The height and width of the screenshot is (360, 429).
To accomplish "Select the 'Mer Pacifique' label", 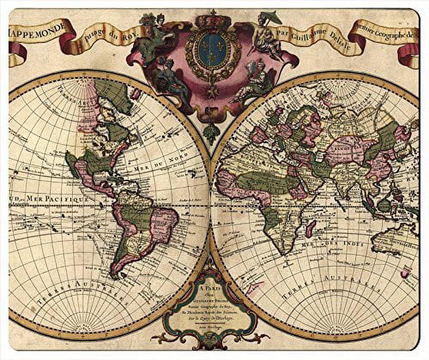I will pos(58,198).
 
